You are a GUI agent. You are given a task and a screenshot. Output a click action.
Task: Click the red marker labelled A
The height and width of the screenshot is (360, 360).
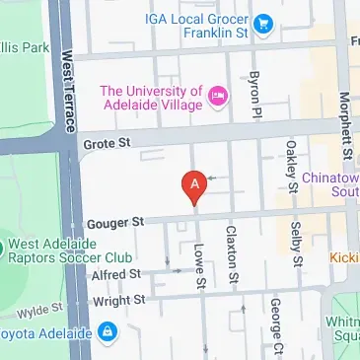(195, 184)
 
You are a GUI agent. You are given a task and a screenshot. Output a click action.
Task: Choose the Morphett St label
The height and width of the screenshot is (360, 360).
(344, 123)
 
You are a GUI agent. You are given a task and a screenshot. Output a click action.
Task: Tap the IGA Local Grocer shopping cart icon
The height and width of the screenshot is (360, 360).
(262, 22)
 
